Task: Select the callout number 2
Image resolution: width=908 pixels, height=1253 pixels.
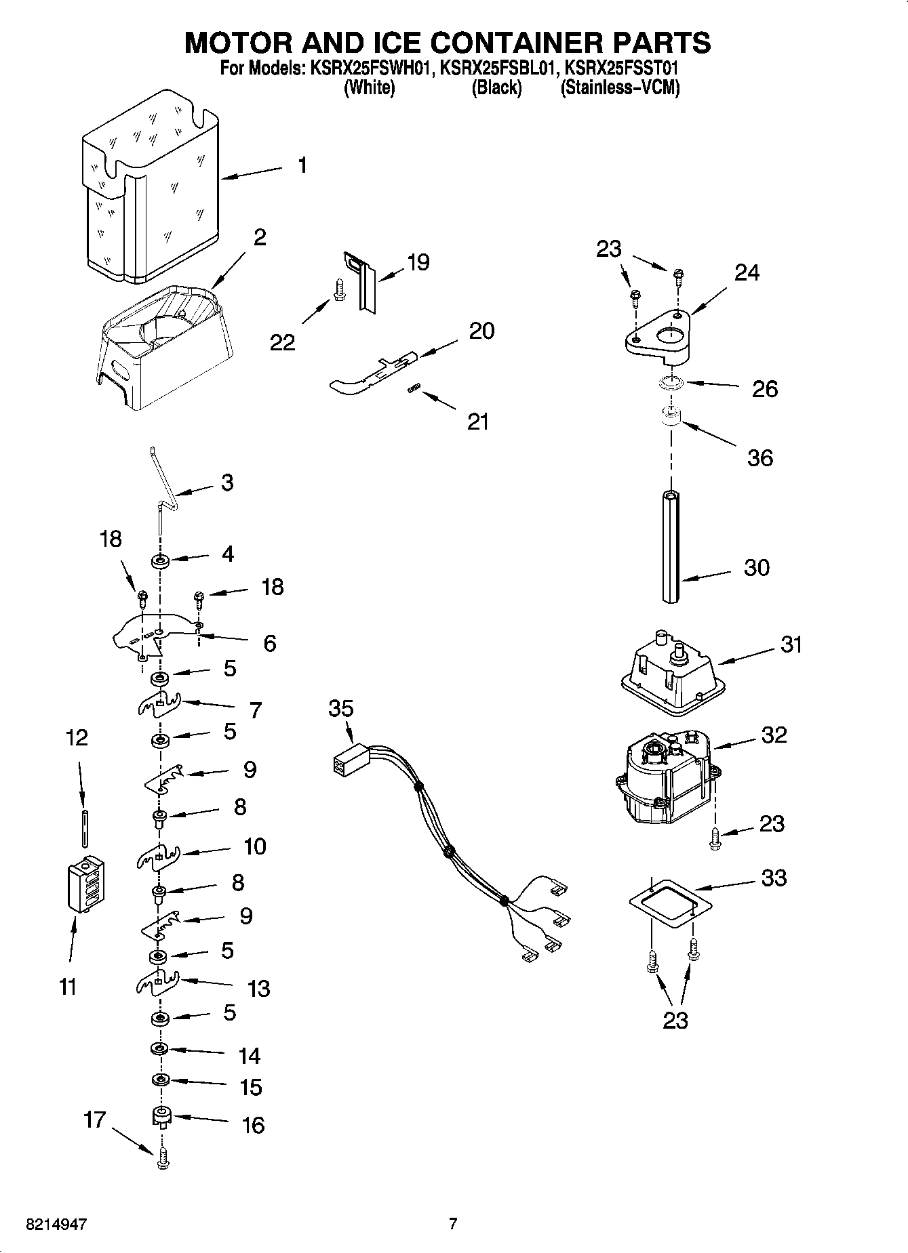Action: [259, 237]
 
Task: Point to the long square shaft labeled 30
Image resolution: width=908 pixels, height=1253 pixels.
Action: [671, 546]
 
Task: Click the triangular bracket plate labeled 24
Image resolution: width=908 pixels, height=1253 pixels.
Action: [658, 333]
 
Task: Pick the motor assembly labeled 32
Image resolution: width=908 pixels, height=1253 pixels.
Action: [665, 779]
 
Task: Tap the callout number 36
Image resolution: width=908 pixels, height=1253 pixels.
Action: [759, 458]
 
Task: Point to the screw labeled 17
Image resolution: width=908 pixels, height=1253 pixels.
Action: [161, 1161]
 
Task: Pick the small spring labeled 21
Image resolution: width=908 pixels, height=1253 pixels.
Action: [414, 388]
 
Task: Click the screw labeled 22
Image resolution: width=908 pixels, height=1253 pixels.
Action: [337, 291]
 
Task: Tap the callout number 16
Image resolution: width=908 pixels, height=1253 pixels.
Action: [252, 1126]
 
